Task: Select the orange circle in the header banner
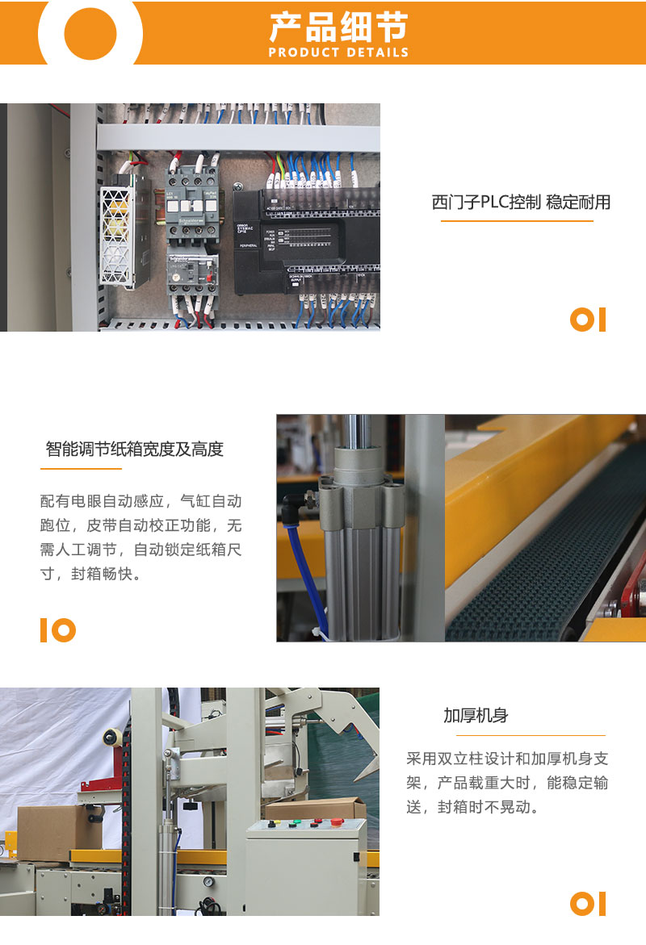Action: [x=90, y=33]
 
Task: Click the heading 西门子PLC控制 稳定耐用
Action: [x=521, y=202]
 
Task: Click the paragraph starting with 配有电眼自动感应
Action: [x=141, y=537]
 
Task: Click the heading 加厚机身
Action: [x=476, y=715]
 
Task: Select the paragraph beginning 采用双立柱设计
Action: [x=507, y=783]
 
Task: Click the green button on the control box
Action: [x=296, y=823]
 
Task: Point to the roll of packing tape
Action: [x=111, y=738]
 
